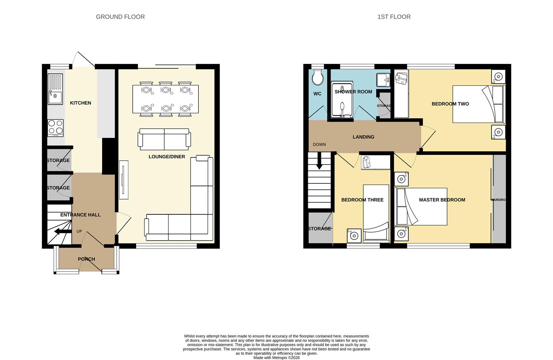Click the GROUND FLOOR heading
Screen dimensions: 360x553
tap(120, 17)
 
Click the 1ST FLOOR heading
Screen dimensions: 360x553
tap(394, 17)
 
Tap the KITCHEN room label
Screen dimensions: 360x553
tap(80, 103)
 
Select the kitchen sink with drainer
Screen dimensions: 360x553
tap(55, 89)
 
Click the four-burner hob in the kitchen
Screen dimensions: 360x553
tap(55, 127)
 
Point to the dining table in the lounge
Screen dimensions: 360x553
tap(165, 99)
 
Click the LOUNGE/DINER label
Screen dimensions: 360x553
tap(167, 157)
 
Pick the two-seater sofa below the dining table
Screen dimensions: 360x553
tap(164, 139)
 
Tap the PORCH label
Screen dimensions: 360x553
tap(86, 259)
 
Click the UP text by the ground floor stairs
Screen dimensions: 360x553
tap(79, 231)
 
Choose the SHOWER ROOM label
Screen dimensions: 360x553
tap(353, 92)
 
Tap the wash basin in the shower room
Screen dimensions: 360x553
tap(383, 80)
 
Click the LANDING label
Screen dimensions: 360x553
tap(363, 137)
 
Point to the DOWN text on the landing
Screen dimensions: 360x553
tap(319, 145)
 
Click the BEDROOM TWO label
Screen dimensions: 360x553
tap(450, 104)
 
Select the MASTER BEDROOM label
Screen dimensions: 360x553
tap(442, 200)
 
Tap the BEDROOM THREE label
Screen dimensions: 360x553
tap(362, 200)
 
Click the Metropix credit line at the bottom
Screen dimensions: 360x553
tap(276, 358)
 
